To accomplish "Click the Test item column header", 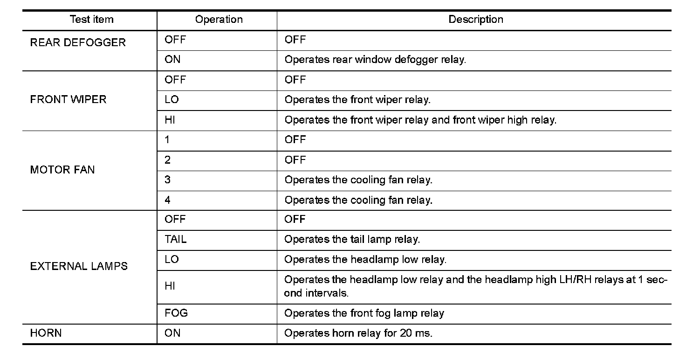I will (x=91, y=20).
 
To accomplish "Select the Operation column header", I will (x=219, y=20).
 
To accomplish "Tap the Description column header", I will (x=475, y=20).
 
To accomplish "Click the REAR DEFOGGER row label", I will (x=78, y=42).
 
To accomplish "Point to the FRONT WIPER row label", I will (x=68, y=99).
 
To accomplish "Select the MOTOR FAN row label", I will (x=62, y=170).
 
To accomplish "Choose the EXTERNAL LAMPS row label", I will (x=79, y=266).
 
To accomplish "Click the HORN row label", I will (x=46, y=333).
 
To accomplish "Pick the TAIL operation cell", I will (x=175, y=240).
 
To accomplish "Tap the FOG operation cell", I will (x=176, y=313).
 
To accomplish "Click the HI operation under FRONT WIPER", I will (x=170, y=120).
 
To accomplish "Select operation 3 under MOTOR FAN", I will (x=168, y=180).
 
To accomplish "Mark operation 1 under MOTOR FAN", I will (x=167, y=140).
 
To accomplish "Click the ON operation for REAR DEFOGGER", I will (x=172, y=60).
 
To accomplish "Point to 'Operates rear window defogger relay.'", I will (x=375, y=60).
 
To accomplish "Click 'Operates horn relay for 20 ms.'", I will (x=358, y=333).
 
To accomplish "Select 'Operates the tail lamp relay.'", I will (x=352, y=240).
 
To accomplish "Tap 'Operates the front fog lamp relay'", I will (x=364, y=313).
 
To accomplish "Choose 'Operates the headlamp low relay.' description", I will (x=365, y=260).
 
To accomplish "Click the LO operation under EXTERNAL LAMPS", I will (x=171, y=260).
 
